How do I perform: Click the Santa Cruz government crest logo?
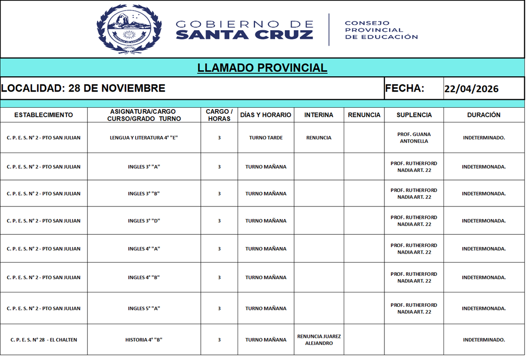(x=129, y=29)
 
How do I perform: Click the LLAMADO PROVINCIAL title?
(x=262, y=68)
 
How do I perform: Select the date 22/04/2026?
(x=471, y=89)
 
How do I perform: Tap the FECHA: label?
(x=405, y=88)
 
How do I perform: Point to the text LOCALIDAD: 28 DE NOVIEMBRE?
(x=83, y=88)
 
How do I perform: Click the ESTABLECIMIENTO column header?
(x=43, y=115)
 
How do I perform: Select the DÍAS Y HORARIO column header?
(x=266, y=115)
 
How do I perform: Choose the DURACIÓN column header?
(x=484, y=115)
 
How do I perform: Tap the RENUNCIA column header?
(x=364, y=115)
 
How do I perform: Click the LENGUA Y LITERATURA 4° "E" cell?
(x=144, y=138)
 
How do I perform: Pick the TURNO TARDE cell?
(x=266, y=138)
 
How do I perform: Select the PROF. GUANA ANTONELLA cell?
(x=414, y=137)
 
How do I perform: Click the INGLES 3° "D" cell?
(x=144, y=221)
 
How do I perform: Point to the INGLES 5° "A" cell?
(x=144, y=309)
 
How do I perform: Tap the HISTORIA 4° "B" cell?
(x=144, y=340)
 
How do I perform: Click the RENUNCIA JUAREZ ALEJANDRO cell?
(x=319, y=340)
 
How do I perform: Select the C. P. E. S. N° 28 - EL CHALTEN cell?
(x=43, y=340)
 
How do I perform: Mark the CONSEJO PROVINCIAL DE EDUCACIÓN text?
(x=381, y=30)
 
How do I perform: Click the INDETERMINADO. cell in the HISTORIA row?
(x=484, y=340)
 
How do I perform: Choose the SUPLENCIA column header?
(x=414, y=115)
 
